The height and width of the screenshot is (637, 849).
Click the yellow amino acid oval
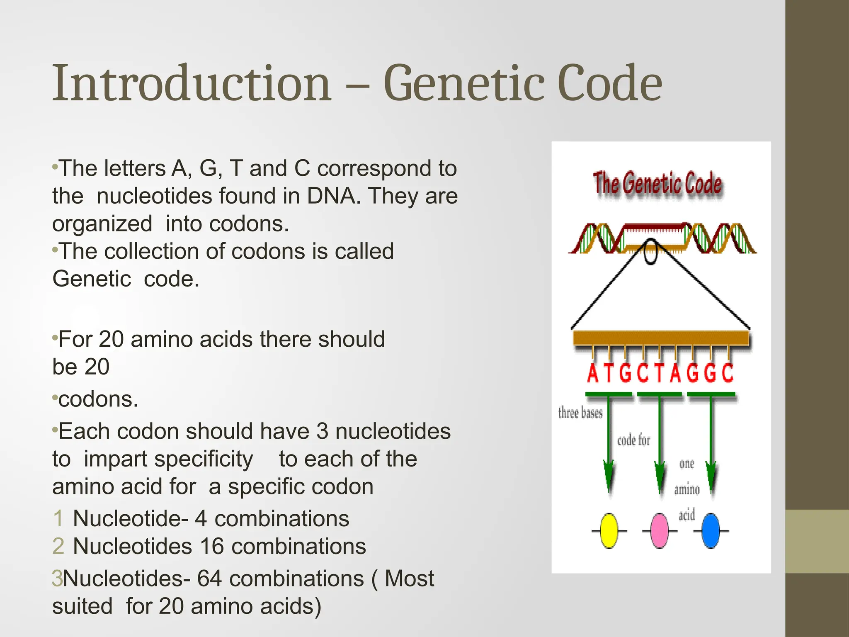coord(609,531)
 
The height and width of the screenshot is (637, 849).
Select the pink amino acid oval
coord(660,531)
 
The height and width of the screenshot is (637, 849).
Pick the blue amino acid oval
coord(711,531)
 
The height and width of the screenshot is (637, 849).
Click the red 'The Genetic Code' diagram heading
coord(657,183)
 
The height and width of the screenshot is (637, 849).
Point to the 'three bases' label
coord(580,413)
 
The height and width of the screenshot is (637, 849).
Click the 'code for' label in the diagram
coord(633,440)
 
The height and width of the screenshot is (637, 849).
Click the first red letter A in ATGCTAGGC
coord(593,373)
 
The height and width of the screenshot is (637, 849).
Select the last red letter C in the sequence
coord(728,373)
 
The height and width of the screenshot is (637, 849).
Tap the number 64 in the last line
coord(210,579)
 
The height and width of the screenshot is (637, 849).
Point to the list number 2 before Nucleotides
coord(58,546)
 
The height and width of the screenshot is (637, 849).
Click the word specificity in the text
coord(168,459)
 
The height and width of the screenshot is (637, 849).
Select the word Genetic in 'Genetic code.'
coord(92,279)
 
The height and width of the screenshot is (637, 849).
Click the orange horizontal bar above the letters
coord(661,338)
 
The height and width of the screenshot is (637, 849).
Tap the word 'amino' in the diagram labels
coord(686,489)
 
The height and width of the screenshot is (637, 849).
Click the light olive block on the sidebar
coord(817,541)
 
